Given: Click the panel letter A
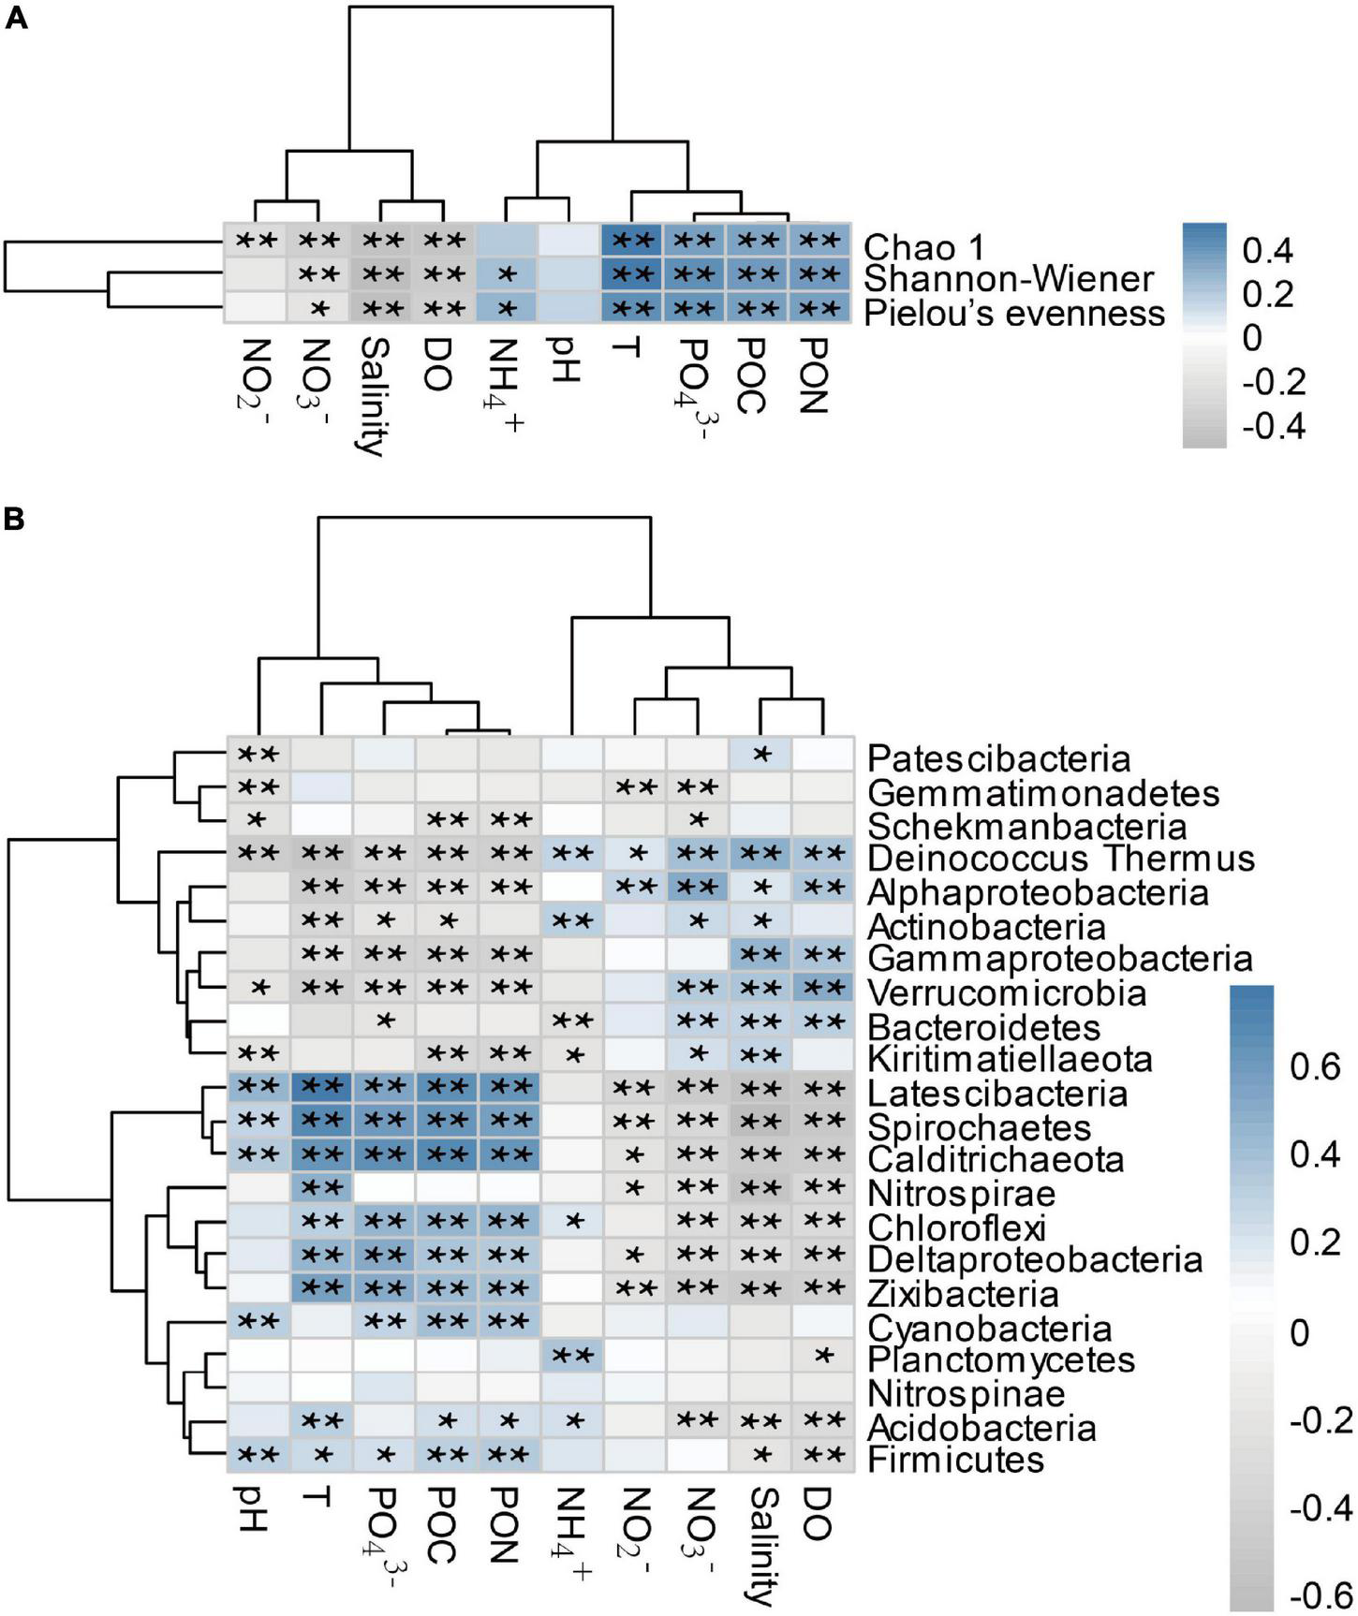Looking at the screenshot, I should click(x=16, y=19).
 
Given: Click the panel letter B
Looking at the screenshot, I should click(x=16, y=519).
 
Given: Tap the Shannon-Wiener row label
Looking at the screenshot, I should click(x=1009, y=279).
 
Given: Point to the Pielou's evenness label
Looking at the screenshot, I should click(x=1014, y=313).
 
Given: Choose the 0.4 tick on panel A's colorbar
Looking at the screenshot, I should click(x=1268, y=250).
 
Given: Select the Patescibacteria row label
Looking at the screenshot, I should click(x=999, y=757).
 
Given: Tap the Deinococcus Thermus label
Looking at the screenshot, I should click(x=1061, y=858).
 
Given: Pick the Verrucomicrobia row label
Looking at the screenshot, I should click(x=1007, y=992).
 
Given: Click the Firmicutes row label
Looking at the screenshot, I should click(x=955, y=1459).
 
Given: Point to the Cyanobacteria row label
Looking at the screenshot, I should click(x=990, y=1328).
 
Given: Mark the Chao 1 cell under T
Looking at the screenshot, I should click(x=630, y=240).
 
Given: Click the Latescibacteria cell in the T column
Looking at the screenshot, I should click(x=322, y=1087).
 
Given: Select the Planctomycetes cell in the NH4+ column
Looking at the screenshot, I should click(x=572, y=1355).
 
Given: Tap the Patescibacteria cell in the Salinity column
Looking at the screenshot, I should click(x=760, y=753).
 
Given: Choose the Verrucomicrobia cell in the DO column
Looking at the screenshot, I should click(x=823, y=987).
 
